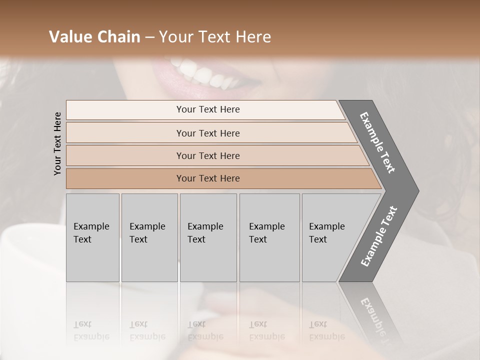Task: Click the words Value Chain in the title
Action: [94, 37]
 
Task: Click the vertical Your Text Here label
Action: [57, 143]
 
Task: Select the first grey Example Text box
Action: [92, 237]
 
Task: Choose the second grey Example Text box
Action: [149, 237]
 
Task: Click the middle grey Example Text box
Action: [208, 237]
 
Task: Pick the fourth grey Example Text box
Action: [269, 237]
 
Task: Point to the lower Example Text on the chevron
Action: [379, 236]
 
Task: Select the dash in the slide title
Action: [148, 37]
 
